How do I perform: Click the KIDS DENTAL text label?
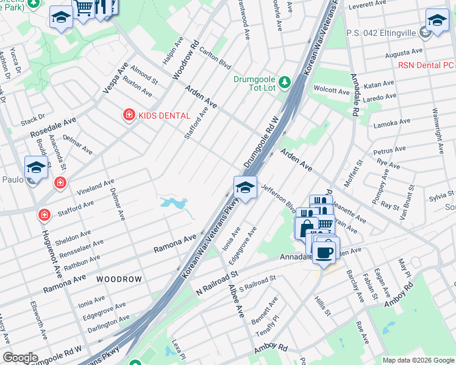point(165,116)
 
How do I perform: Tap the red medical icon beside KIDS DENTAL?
point(129,115)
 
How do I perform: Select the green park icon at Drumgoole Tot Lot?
point(283,82)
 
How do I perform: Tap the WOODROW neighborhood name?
point(119,279)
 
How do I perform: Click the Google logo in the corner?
point(20,358)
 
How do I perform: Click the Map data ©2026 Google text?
point(418,360)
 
